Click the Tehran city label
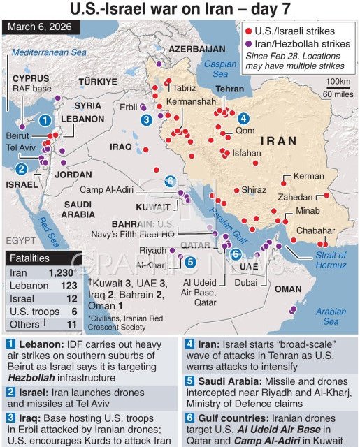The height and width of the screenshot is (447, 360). coord(229,90)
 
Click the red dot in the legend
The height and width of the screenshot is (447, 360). coord(248,31)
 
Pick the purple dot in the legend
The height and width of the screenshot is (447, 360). coord(248,44)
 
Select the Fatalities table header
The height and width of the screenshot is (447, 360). coord(30,259)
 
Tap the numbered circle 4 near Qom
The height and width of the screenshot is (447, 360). coord(243,117)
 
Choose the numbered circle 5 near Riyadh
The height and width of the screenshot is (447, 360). coord(190,263)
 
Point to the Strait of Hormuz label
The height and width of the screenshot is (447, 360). coord(331,261)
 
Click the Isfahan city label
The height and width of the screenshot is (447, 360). coord(247,152)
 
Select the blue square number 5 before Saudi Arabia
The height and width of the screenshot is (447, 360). coord(189,381)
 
